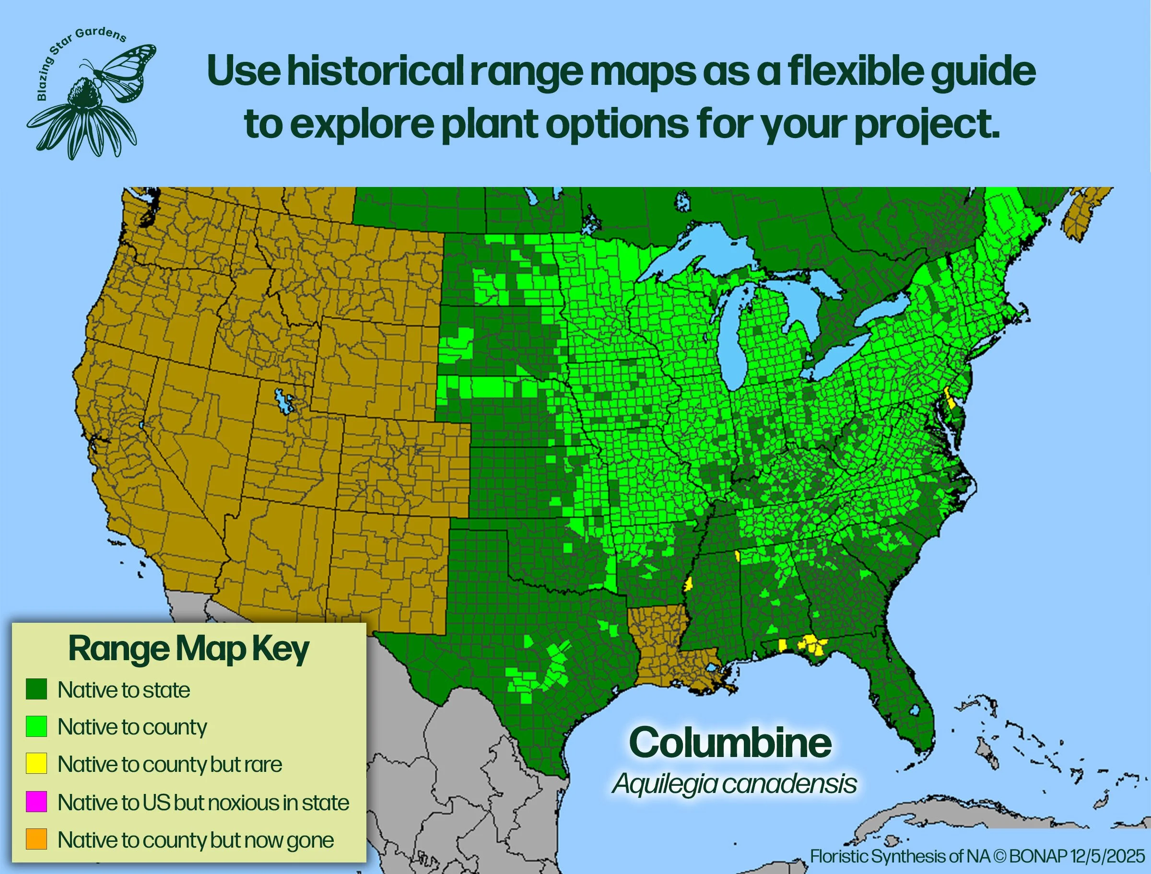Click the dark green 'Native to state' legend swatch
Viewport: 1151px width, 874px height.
click(x=36, y=689)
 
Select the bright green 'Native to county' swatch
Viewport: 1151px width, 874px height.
click(x=36, y=726)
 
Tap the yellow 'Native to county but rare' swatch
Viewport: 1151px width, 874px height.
click(x=36, y=764)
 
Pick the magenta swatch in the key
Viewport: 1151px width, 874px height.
click(x=36, y=802)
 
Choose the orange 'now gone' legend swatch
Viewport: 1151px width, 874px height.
click(x=36, y=839)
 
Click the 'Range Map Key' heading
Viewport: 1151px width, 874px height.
click(x=189, y=649)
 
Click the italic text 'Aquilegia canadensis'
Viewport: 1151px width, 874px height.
click(x=734, y=783)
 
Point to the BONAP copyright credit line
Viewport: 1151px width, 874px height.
click(x=977, y=856)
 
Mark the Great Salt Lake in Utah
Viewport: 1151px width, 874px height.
click(x=283, y=401)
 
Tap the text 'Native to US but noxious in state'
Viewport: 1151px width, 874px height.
click(x=203, y=802)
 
